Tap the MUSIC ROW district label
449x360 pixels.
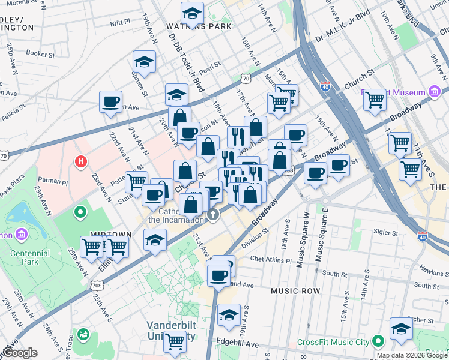[294, 290]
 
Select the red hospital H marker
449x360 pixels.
[79, 161]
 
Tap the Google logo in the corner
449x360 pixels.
[19, 353]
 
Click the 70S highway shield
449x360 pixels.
[98, 286]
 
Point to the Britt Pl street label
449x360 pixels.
[120, 22]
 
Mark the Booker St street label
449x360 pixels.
[41, 53]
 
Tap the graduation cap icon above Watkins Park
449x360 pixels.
[192, 13]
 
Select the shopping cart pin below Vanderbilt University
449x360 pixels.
[175, 341]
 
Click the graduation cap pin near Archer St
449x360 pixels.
[401, 328]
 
